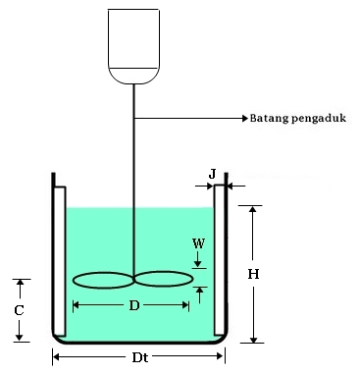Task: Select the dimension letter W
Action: click(198, 240)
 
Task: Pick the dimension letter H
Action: click(253, 275)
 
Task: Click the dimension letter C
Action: click(19, 309)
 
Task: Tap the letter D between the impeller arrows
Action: click(133, 305)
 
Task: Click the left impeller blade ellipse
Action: click(102, 280)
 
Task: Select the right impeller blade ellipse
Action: click(164, 280)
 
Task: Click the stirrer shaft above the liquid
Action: click(133, 147)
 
